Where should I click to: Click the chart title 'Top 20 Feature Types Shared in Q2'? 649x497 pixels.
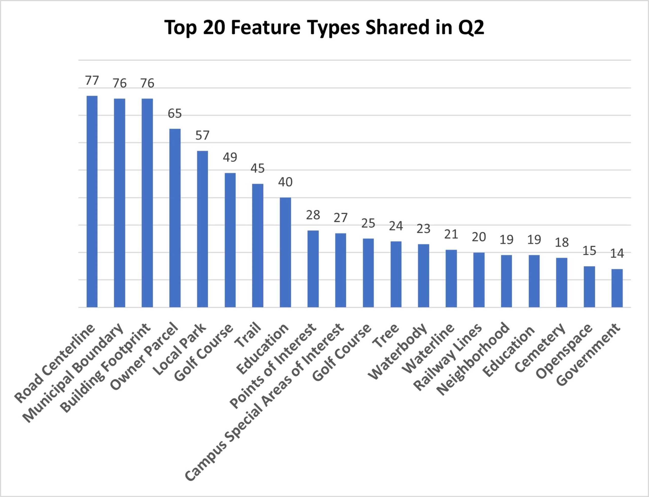tap(324, 27)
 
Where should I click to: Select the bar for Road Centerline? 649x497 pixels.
tap(92, 201)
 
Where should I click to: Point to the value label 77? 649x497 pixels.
tap(92, 80)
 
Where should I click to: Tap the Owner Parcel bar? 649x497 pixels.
tap(175, 218)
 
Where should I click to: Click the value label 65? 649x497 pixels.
tap(175, 113)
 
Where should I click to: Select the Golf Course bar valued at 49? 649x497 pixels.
tap(230, 240)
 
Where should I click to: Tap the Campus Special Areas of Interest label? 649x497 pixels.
tap(264, 402)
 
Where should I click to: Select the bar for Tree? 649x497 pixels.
tap(396, 274)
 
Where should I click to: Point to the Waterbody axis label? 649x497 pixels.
tap(398, 352)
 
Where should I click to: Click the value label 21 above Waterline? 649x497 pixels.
tap(451, 234)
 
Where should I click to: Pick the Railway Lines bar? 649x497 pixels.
tap(479, 280)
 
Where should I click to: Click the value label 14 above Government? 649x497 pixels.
tap(617, 253)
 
